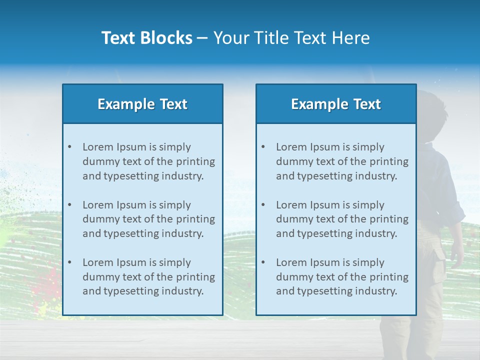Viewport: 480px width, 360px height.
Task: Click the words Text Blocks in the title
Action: (x=146, y=38)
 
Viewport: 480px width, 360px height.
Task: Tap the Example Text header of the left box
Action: (x=142, y=104)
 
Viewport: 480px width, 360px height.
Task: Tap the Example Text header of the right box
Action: (x=336, y=104)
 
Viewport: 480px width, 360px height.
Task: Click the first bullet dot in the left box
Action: (x=69, y=147)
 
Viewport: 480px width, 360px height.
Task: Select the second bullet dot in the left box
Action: (x=69, y=205)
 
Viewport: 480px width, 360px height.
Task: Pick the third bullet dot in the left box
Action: (x=69, y=262)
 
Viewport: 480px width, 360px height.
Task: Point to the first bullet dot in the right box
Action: (x=263, y=147)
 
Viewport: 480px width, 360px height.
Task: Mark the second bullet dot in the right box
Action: (x=263, y=205)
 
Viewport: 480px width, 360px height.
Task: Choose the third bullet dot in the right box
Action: (x=263, y=262)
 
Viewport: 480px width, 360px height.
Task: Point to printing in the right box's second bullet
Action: (x=388, y=219)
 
